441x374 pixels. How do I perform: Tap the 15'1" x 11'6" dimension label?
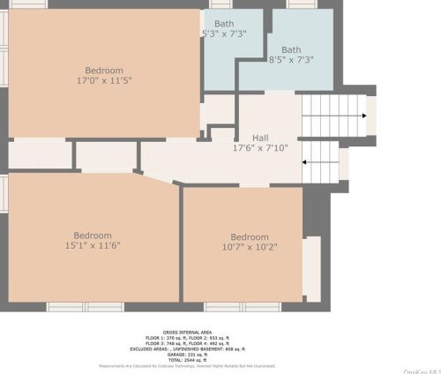[92, 246]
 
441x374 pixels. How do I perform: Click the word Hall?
[260, 138]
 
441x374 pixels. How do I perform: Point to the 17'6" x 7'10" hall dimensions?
[260, 148]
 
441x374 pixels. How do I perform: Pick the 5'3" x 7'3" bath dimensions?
[224, 34]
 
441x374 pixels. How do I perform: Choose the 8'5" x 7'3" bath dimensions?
[291, 60]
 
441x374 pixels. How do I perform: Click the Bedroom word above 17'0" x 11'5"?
[104, 71]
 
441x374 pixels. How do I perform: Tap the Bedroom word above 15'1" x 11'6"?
[92, 236]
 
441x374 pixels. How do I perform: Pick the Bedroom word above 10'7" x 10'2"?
[250, 237]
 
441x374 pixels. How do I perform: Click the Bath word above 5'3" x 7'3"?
[224, 24]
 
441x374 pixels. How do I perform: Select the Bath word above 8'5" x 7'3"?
[291, 49]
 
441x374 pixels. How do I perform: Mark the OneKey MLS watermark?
[421, 371]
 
